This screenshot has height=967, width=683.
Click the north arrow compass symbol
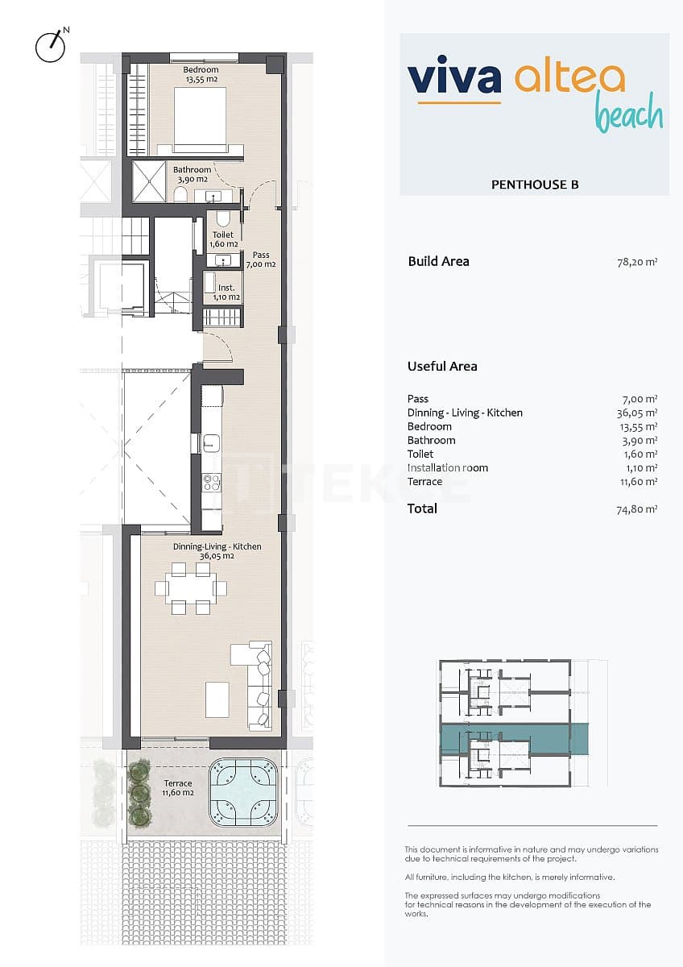[50, 46]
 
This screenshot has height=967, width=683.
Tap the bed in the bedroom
[200, 119]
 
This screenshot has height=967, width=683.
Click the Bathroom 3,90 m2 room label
[192, 174]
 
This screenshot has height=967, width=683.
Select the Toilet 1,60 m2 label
[223, 239]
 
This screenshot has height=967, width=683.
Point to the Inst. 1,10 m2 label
[226, 292]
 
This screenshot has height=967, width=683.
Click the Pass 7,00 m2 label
[260, 259]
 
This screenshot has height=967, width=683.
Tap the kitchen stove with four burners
[211, 482]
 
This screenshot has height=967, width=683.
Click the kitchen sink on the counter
[211, 442]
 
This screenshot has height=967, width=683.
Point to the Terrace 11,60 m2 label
[178, 788]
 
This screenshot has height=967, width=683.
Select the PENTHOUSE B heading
[535, 185]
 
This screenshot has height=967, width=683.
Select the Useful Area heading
[442, 366]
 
